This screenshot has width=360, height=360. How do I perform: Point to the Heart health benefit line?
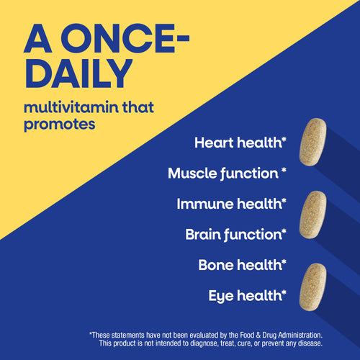(240, 142)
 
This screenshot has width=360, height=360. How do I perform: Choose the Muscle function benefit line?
(227, 173)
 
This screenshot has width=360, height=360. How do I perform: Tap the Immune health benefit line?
(231, 204)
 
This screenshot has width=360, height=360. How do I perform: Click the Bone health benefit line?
(242, 264)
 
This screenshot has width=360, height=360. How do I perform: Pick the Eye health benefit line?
(247, 294)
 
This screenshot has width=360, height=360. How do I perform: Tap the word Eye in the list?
(221, 294)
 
